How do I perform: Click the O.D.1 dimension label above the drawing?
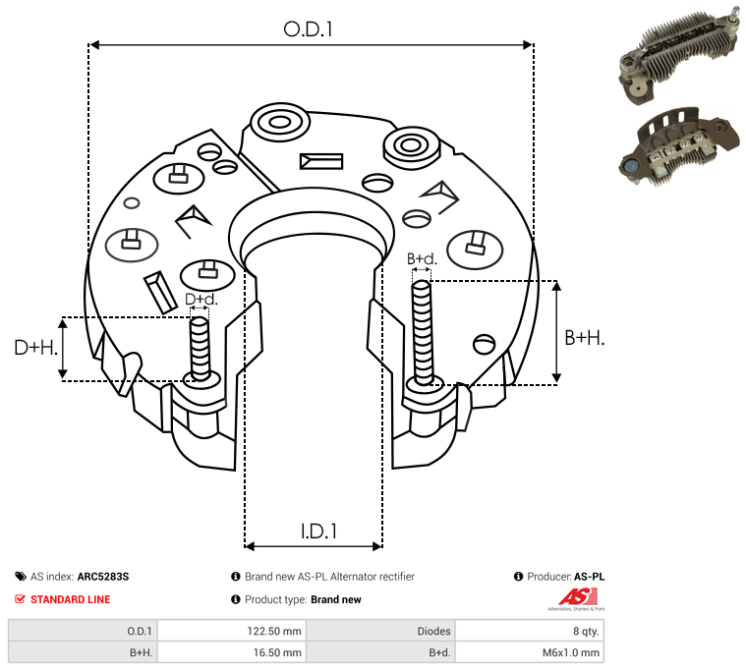point(308,29)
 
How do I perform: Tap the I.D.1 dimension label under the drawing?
point(318,531)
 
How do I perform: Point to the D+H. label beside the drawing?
point(36,348)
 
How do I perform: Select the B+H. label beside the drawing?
point(584,338)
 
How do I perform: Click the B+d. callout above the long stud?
point(422,258)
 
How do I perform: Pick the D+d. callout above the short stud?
point(201,299)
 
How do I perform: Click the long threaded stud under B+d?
point(422,332)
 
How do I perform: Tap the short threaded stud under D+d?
point(200,349)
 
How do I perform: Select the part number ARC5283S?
point(103,577)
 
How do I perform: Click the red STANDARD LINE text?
point(71,599)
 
